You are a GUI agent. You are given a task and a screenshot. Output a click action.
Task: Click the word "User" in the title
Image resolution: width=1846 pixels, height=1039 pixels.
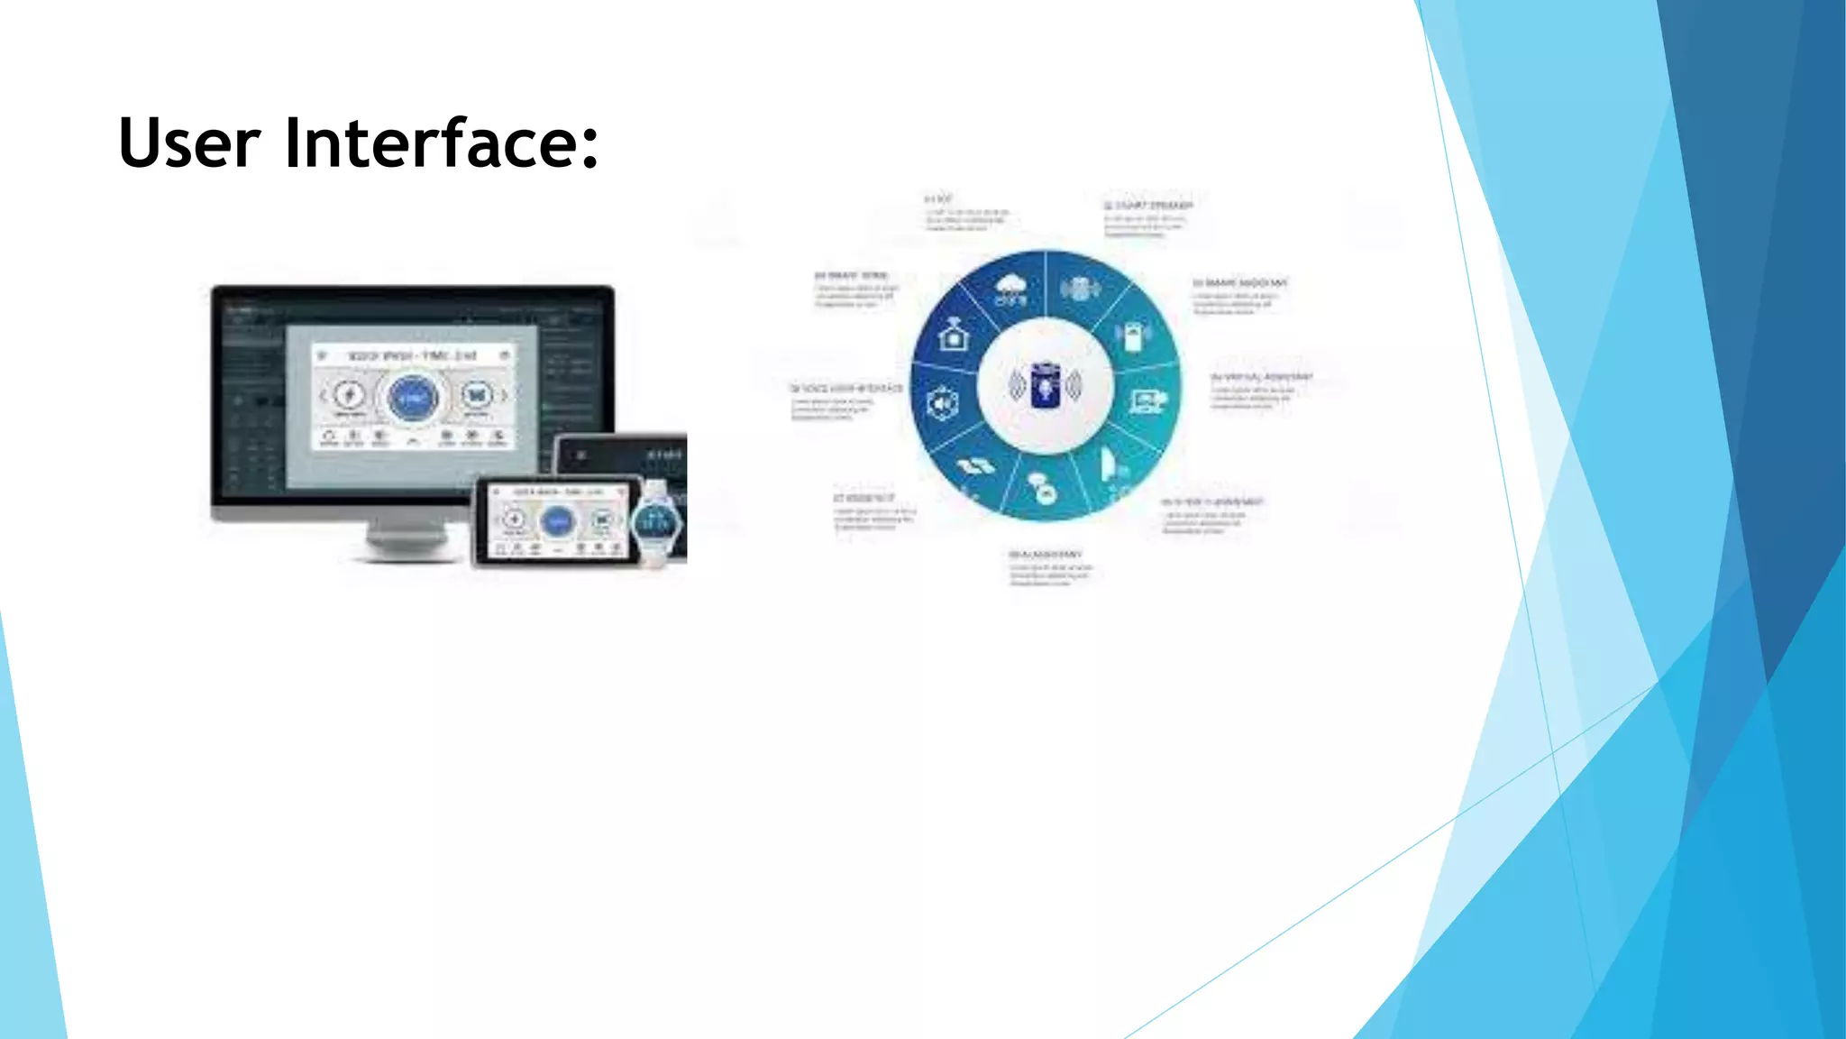click(x=189, y=143)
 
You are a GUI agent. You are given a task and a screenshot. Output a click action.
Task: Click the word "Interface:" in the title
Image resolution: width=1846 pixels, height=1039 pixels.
click(x=442, y=143)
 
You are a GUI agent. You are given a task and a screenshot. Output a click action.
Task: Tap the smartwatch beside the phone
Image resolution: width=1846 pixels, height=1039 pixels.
click(x=656, y=521)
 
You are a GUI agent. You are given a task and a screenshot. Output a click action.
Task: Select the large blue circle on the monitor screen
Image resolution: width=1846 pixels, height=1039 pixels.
click(x=413, y=397)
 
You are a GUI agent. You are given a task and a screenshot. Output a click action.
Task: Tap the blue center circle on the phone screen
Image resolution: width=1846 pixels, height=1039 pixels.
click(x=557, y=520)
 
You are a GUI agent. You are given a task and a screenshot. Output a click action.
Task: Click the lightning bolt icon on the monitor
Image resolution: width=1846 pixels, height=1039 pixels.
click(x=350, y=395)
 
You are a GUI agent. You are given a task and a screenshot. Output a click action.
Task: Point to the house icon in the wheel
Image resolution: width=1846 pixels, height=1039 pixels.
click(x=953, y=335)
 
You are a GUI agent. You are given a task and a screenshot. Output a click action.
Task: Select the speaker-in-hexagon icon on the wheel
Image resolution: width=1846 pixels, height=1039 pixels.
click(x=942, y=404)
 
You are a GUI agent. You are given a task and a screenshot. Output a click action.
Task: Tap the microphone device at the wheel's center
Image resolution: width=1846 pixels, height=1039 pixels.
click(x=1046, y=385)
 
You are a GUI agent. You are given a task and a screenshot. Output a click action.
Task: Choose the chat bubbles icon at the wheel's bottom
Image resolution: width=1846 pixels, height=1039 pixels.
click(x=1043, y=488)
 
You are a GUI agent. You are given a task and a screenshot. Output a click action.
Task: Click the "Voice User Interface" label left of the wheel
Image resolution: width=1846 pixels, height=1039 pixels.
click(x=846, y=388)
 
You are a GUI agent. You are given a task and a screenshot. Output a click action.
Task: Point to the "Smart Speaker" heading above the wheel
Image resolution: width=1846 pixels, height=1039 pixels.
click(x=1148, y=206)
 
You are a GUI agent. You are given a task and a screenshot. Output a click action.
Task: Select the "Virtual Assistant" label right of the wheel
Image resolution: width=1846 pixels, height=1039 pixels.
click(x=1261, y=376)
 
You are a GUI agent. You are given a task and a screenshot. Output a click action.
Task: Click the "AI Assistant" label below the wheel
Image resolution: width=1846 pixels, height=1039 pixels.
click(x=1046, y=554)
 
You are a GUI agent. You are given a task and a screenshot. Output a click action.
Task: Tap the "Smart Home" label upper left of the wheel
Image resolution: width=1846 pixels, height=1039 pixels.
click(x=852, y=275)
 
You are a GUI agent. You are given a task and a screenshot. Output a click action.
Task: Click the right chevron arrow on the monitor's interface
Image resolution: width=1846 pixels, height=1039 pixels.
click(x=505, y=395)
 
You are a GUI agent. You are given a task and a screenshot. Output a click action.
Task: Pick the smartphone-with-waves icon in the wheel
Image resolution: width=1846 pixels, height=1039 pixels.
click(x=1133, y=336)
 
